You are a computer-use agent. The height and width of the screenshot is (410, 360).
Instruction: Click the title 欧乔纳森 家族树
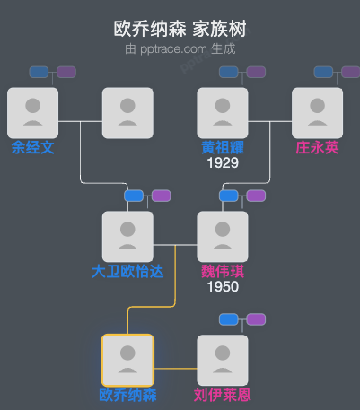(x=180, y=29)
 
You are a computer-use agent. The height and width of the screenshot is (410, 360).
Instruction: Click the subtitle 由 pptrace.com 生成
(x=180, y=48)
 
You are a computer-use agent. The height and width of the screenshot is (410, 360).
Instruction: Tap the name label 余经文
(x=32, y=148)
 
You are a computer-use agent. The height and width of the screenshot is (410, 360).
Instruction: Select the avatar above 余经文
(x=32, y=113)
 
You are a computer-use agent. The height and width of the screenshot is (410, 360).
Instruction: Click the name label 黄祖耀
(x=222, y=148)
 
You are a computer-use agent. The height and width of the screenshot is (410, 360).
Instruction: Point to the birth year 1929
(x=222, y=163)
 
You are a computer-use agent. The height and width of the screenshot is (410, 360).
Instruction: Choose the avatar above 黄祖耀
(x=222, y=113)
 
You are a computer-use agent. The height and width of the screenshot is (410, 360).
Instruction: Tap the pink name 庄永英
(x=317, y=148)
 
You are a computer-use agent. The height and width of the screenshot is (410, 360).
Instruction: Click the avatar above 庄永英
(x=317, y=113)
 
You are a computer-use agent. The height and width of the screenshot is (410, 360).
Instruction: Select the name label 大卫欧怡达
(x=127, y=271)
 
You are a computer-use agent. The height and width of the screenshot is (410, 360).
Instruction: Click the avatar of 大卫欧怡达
(x=127, y=236)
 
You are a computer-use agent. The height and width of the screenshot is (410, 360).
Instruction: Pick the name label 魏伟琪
(x=222, y=271)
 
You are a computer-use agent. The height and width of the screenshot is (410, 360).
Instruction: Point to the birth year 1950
(x=222, y=287)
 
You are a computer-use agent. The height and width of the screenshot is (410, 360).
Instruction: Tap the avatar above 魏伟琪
(x=222, y=236)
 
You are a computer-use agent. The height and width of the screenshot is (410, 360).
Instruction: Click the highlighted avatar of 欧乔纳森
(x=127, y=360)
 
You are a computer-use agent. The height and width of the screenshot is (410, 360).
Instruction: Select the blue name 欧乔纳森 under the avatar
(x=127, y=395)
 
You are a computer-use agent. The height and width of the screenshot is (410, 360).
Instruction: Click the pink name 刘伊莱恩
(x=222, y=395)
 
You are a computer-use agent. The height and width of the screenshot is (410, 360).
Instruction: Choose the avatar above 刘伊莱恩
(x=222, y=360)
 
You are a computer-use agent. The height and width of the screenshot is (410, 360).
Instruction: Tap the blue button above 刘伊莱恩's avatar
(x=228, y=318)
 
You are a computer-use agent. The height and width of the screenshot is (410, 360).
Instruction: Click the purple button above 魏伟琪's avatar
(x=256, y=196)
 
